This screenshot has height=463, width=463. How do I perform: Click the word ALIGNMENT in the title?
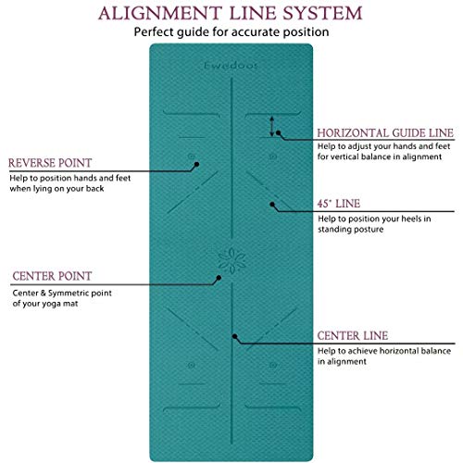160,14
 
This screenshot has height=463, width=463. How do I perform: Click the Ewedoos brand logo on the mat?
231,66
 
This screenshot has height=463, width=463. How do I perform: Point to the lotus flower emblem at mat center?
231,260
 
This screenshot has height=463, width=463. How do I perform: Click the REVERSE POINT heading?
50,163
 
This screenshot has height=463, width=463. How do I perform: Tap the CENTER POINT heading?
52,276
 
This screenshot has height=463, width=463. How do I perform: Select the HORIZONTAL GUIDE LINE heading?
385,133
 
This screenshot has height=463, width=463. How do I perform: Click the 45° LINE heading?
339,204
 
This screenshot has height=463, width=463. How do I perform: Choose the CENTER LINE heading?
353,336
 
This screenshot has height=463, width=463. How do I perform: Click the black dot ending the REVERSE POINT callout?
196,164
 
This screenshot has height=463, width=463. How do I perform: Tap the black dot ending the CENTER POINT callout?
219,278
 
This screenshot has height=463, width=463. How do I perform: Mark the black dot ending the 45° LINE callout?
272,205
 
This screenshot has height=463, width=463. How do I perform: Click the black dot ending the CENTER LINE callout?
234,336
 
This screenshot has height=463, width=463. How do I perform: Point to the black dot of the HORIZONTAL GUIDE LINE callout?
279,132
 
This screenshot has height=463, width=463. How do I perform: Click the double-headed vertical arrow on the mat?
271,126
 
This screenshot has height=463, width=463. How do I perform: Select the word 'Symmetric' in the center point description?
69,294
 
